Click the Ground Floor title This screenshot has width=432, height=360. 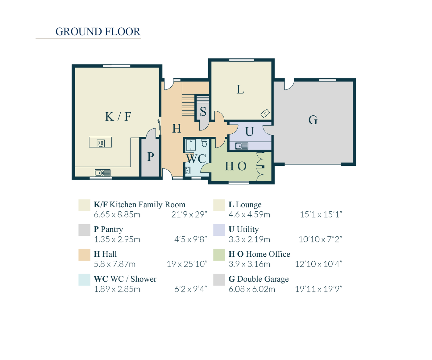[x=98, y=31]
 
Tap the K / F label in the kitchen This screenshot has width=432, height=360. [x=118, y=116]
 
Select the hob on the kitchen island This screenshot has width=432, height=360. [x=101, y=143]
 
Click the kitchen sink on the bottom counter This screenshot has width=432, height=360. [x=102, y=173]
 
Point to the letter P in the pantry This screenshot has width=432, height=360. [x=150, y=157]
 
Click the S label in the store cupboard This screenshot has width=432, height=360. [x=203, y=112]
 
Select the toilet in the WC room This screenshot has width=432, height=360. [x=204, y=143]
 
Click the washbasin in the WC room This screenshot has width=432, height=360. [x=188, y=170]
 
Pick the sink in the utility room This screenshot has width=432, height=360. [x=242, y=146]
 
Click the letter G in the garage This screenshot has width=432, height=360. [x=313, y=120]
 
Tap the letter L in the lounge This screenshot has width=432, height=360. [x=240, y=90]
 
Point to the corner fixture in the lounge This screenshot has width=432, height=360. [x=265, y=114]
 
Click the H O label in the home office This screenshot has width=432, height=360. [x=235, y=166]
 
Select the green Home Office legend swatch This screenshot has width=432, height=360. [x=219, y=255]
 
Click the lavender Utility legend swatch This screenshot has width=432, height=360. [x=219, y=230]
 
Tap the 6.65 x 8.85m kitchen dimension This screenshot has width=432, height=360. [x=117, y=214]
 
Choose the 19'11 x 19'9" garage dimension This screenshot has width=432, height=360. [x=318, y=289]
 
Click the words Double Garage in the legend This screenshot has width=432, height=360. [x=263, y=279]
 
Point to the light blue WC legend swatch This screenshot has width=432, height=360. [x=84, y=280]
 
